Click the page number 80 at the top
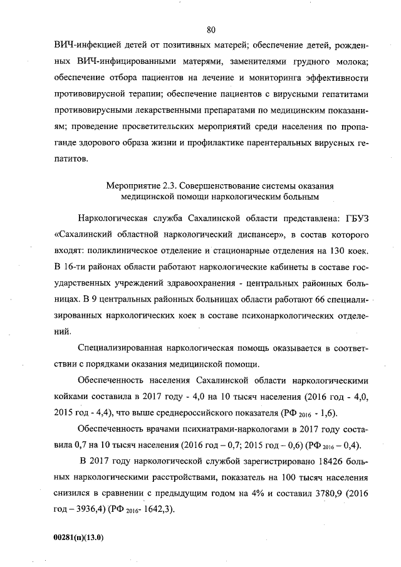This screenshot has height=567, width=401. [x=211, y=29]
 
